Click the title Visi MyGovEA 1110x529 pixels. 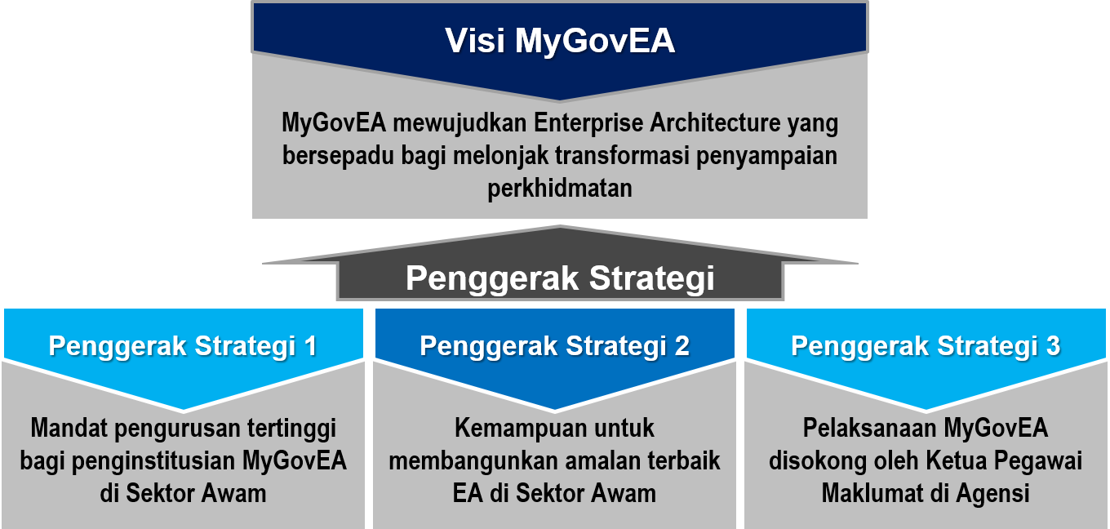(x=560, y=41)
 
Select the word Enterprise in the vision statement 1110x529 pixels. (x=588, y=123)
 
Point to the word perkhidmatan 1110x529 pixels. (x=560, y=189)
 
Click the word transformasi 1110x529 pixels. (x=622, y=155)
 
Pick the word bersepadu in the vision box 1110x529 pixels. (x=338, y=156)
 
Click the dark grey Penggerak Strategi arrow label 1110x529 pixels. (x=560, y=278)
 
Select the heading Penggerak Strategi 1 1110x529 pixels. (x=183, y=346)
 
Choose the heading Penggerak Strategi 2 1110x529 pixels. (x=554, y=346)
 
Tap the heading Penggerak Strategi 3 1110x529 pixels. (x=926, y=346)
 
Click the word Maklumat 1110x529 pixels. (x=872, y=493)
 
